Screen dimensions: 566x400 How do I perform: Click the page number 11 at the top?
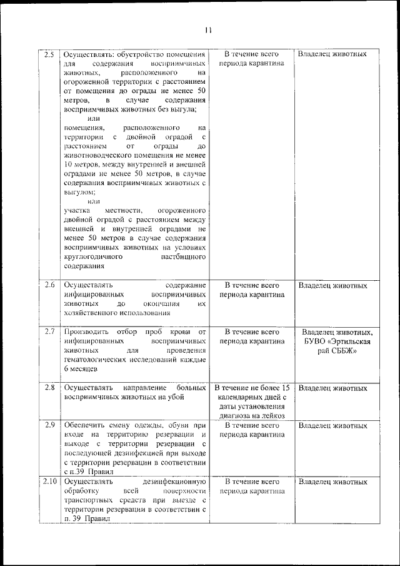tap(208, 29)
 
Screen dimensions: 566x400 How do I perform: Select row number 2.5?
tap(49, 54)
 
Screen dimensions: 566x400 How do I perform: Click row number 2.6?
tap(49, 286)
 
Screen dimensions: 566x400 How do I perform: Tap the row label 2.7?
tap(49, 331)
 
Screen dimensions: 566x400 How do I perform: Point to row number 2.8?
tap(49, 388)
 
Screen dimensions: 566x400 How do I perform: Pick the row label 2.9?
tap(49, 425)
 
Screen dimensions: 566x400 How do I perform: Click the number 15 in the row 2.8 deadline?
tap(285, 388)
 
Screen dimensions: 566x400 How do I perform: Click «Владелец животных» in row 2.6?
tap(332, 286)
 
